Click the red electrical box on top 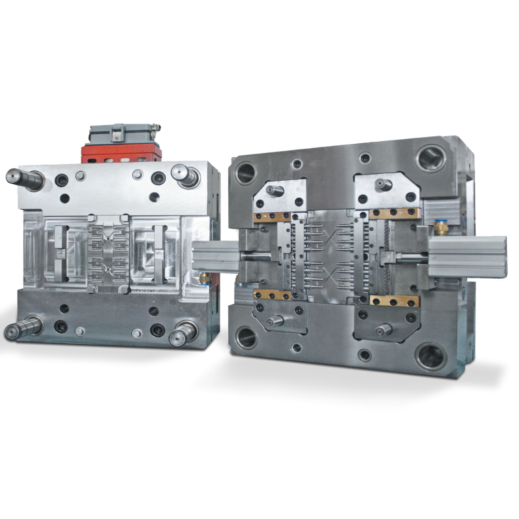click(x=120, y=152)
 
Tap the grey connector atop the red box click(x=121, y=133)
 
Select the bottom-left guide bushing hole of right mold click(x=245, y=337)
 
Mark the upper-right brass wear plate click(x=394, y=212)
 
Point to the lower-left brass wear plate click(x=271, y=295)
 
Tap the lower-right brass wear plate click(x=394, y=302)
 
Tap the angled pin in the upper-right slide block click(x=384, y=184)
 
